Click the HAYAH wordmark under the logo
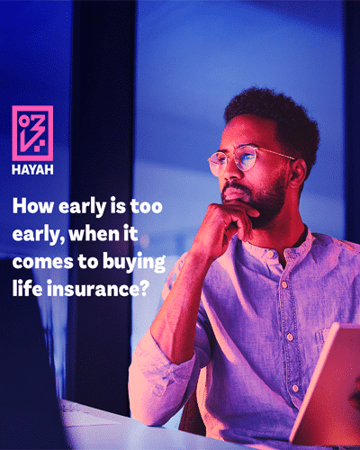point(32,170)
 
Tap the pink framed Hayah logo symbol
point(32,133)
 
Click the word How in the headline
point(32,206)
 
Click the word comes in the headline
point(43,262)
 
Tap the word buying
point(134,263)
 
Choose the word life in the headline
point(27,288)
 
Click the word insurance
point(93,288)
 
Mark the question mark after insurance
point(144,288)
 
